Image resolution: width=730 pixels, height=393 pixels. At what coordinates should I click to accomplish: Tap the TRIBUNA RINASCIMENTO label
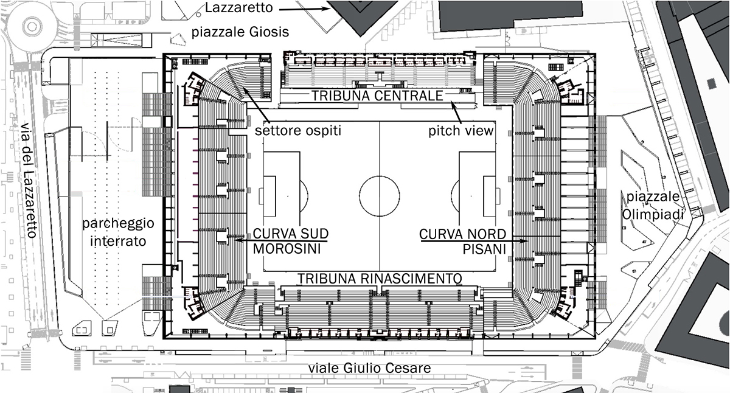tap(380, 278)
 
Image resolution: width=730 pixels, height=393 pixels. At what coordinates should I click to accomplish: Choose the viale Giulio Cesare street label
tap(370, 369)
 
